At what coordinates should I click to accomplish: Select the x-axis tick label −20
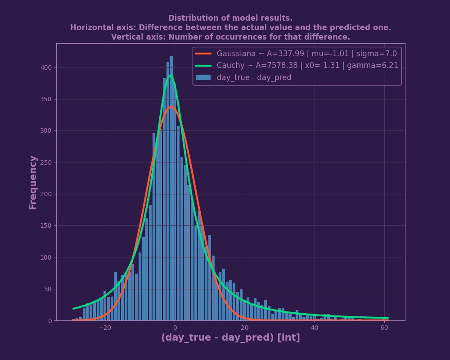coord(105,328)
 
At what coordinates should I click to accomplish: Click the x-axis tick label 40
coord(314,328)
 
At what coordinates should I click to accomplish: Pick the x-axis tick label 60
coord(384,328)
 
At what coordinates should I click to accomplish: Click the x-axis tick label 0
coord(175,328)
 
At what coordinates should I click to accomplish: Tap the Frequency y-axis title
coord(33,182)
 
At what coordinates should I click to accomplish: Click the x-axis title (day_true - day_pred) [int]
coord(230,338)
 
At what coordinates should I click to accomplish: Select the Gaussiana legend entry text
coord(306,54)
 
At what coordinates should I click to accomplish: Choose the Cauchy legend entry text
coord(307,65)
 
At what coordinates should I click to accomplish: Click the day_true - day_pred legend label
coord(254,77)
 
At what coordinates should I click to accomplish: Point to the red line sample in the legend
coord(203,54)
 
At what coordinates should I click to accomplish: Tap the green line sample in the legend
coord(203,65)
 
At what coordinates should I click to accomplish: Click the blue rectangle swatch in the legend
coord(203,77)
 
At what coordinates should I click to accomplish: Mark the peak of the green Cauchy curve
coord(171,76)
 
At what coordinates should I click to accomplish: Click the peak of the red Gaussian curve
coord(171,107)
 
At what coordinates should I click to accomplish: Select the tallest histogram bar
coord(171,189)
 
